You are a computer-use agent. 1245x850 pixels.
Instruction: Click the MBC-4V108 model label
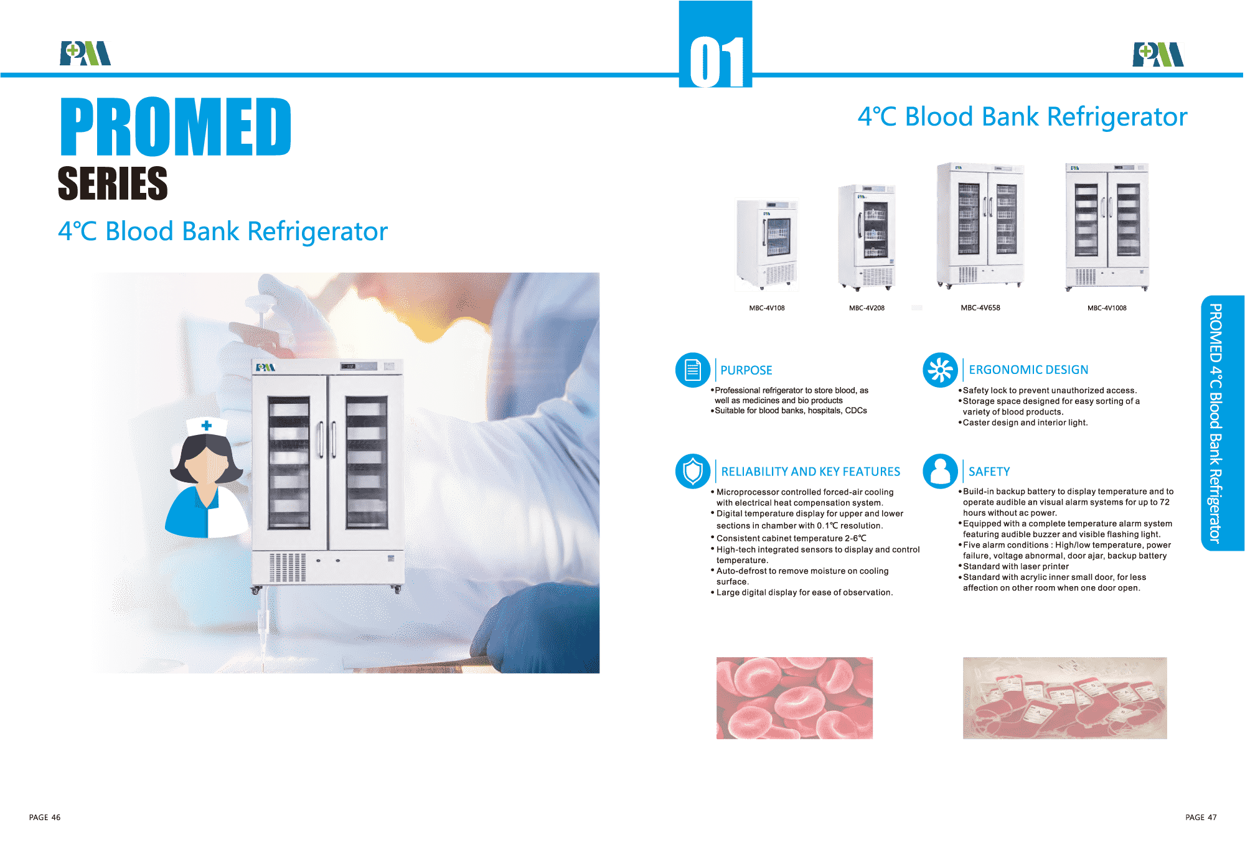pos(767,308)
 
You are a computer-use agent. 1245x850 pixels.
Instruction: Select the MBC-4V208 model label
pos(867,308)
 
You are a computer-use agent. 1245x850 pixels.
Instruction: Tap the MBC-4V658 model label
pos(980,307)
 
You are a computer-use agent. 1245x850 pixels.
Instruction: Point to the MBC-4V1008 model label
pos(1107,308)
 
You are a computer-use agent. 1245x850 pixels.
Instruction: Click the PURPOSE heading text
pos(746,370)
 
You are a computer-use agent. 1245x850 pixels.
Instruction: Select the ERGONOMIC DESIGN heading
pos(1028,370)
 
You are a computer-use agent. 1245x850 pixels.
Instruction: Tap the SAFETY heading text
pos(989,472)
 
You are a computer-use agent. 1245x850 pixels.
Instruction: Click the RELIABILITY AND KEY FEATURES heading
pos(810,472)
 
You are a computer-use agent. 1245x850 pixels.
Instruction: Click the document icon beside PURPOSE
pos(693,370)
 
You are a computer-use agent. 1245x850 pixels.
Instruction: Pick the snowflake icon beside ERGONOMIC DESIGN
pos(940,370)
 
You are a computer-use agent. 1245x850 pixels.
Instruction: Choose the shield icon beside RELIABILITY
pos(693,472)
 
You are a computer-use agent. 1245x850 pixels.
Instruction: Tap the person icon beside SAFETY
pos(940,472)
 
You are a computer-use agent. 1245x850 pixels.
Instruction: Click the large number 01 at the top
pos(716,61)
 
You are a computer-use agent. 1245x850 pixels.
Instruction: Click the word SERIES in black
pos(113,183)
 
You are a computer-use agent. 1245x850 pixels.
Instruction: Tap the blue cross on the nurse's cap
pos(207,426)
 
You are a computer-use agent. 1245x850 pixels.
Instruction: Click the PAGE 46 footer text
pos(45,818)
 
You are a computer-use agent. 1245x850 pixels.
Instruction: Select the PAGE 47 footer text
pos(1201,818)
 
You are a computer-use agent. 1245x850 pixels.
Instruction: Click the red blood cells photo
pos(794,698)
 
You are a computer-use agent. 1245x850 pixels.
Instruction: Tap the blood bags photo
pos(1065,698)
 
